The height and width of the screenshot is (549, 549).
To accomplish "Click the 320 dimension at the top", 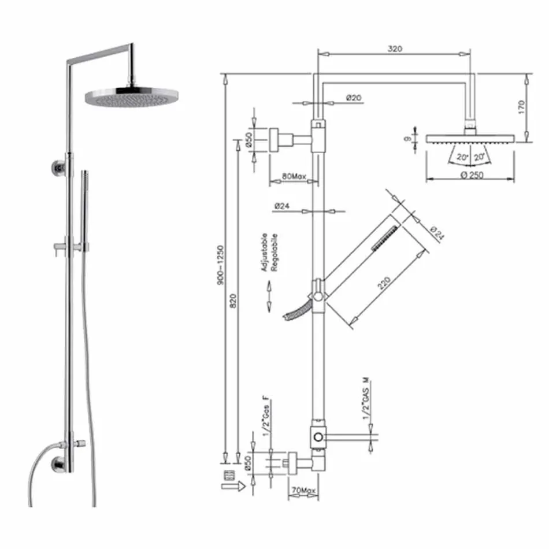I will pos(394,49).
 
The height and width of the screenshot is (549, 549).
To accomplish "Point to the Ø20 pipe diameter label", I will pos(354,98).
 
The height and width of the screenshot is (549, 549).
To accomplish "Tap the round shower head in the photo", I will pos(132,97).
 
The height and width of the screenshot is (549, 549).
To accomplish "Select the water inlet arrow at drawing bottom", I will pos(232,488).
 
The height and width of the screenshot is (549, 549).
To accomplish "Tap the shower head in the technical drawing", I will pos(470,139).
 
